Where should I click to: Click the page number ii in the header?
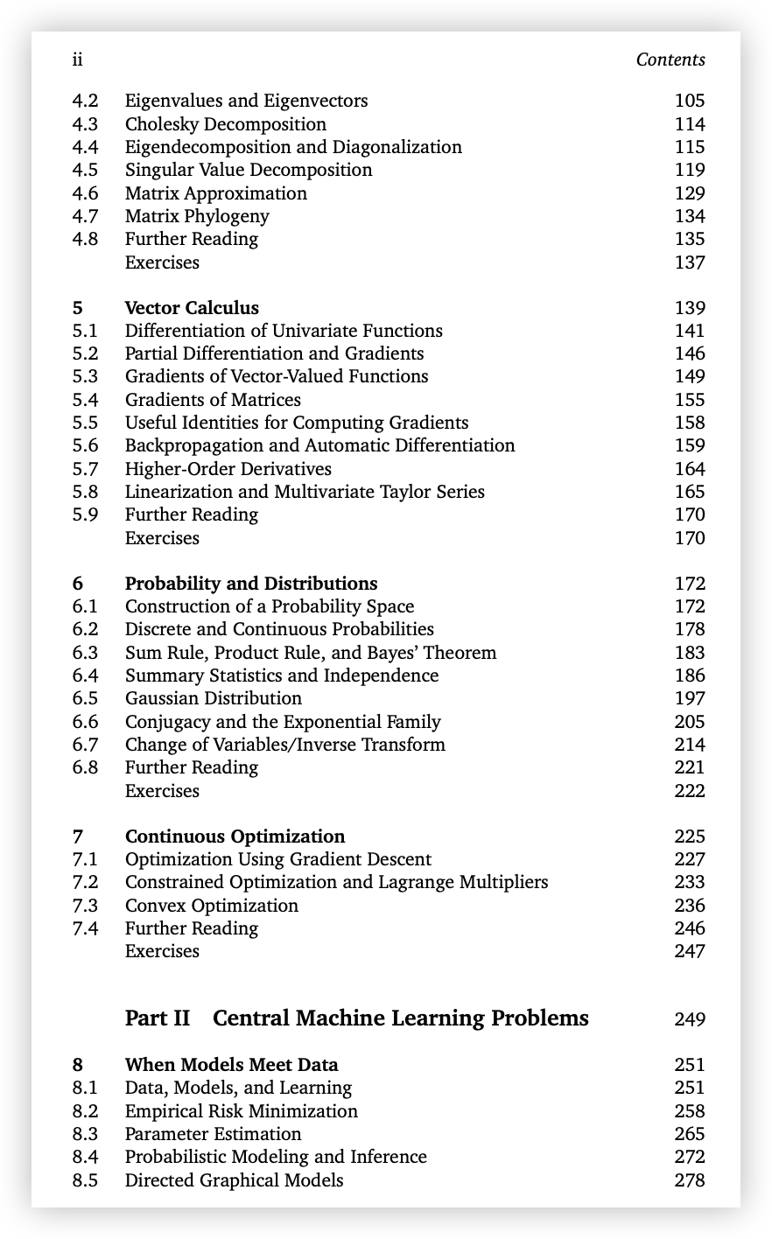[77, 59]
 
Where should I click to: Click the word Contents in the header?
[670, 59]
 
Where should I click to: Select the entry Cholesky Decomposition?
[225, 124]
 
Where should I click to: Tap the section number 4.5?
[85, 170]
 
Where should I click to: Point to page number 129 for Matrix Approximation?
[689, 193]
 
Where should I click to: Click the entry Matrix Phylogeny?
[197, 216]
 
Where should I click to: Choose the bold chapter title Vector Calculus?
[192, 308]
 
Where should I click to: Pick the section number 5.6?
[85, 445]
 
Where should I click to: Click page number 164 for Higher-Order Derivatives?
[689, 469]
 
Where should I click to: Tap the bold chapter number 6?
[78, 584]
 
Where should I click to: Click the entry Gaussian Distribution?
[213, 698]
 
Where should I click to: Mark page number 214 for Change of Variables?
[689, 745]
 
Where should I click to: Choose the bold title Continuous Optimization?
[235, 836]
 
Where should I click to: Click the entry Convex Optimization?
[211, 906]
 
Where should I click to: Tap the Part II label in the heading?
[158, 1018]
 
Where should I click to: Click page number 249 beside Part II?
[689, 1019]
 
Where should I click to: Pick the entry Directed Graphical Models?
[234, 1180]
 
